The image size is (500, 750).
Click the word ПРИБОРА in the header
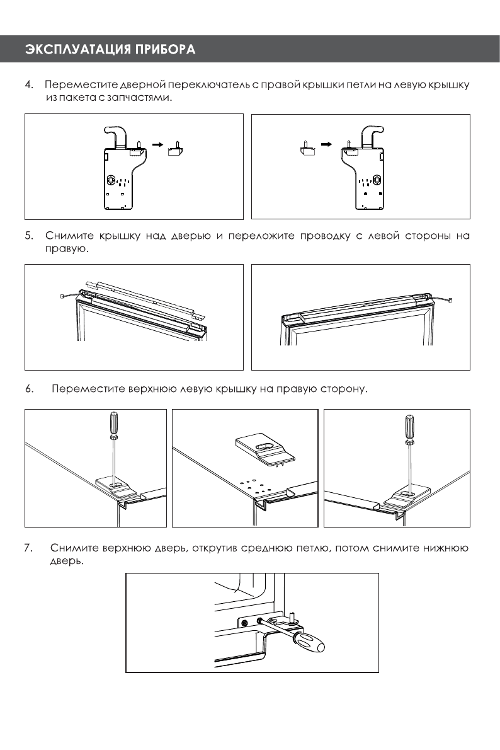[166, 49]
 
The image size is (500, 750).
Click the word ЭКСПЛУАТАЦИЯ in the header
[78, 49]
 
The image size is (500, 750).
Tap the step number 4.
[29, 84]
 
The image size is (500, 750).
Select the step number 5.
[29, 235]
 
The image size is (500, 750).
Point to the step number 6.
[29, 388]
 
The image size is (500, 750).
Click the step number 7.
[28, 548]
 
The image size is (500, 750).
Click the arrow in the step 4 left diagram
[157, 144]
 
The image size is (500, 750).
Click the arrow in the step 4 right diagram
[326, 144]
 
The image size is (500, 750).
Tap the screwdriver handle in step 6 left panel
[113, 423]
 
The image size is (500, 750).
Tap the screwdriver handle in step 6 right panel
[410, 426]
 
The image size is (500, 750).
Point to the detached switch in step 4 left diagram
[176, 149]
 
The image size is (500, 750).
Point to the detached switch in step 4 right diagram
[306, 149]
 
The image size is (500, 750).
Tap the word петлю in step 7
[314, 548]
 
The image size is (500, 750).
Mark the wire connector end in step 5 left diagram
[62, 297]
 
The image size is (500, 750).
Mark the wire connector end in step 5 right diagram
[450, 301]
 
